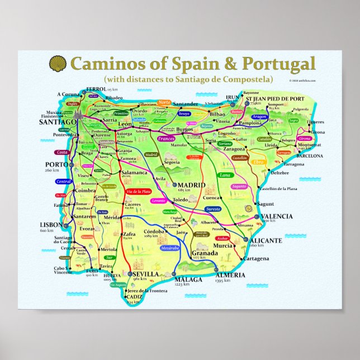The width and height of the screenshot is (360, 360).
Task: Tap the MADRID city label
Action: click(x=192, y=185)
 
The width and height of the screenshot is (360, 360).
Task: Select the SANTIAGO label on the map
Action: click(x=58, y=121)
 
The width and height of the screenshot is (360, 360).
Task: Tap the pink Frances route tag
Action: click(x=167, y=138)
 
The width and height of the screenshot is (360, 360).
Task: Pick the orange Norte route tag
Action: click(x=164, y=103)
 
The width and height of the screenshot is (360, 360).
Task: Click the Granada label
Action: click(x=205, y=253)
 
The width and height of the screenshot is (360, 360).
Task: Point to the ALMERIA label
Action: click(x=230, y=276)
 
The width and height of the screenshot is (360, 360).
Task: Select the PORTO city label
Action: click(x=56, y=164)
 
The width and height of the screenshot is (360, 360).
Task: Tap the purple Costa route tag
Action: click(x=62, y=152)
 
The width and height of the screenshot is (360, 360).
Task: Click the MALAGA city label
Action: click(x=188, y=279)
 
